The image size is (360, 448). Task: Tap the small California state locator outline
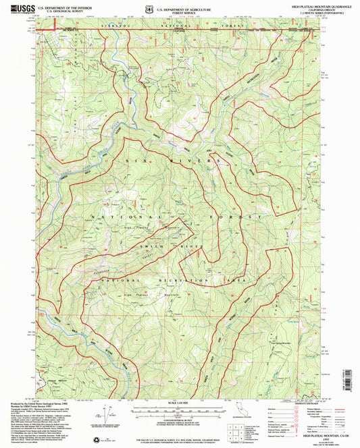pos(238,412)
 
